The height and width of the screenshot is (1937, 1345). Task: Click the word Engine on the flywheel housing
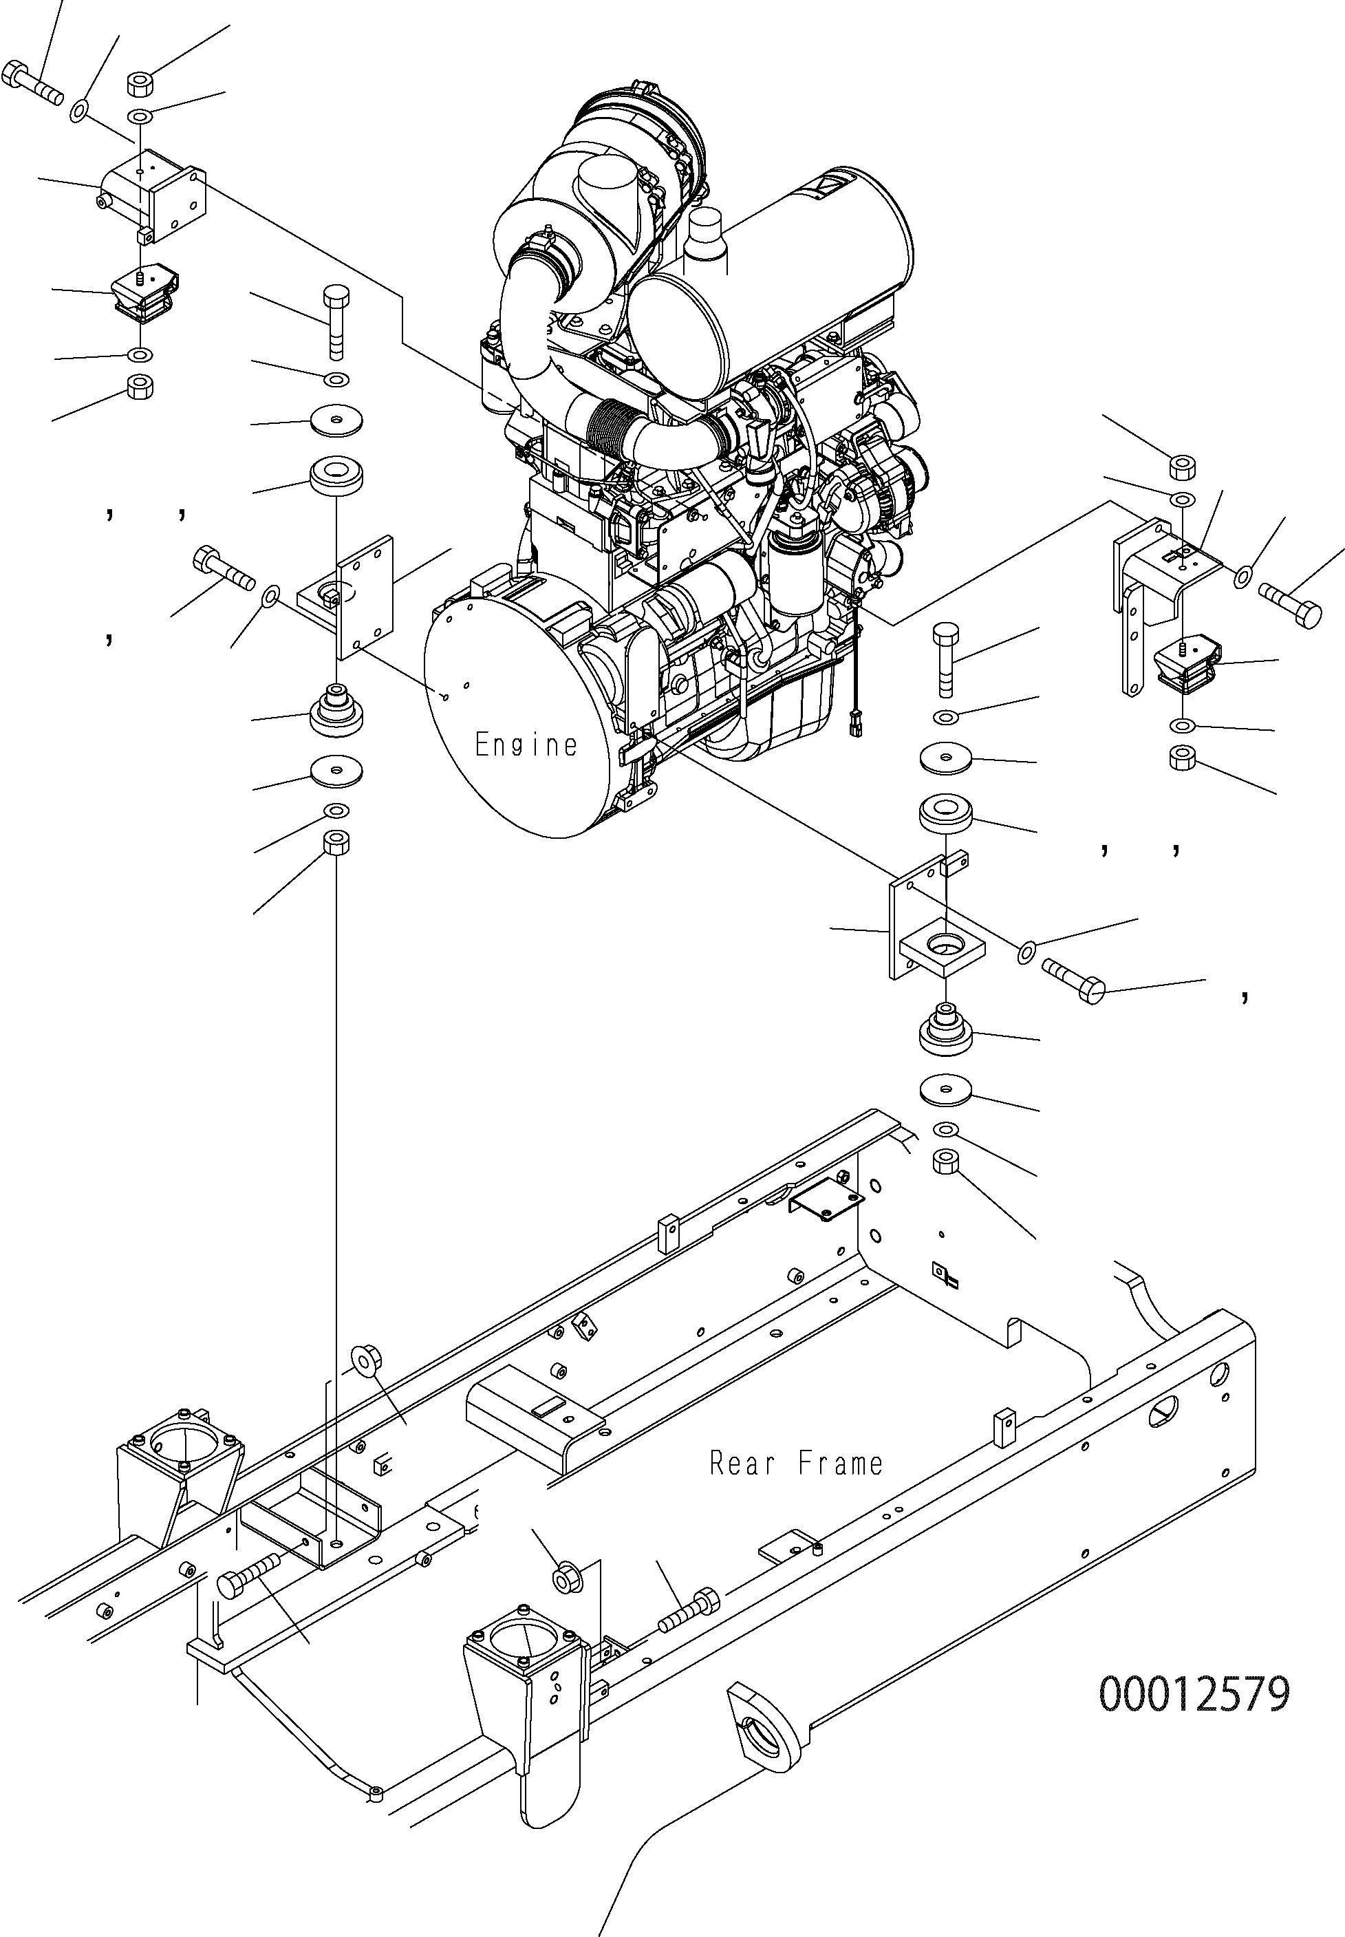tap(526, 745)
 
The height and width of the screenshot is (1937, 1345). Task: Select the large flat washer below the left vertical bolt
tap(337, 419)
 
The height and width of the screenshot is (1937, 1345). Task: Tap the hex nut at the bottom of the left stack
tap(336, 842)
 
